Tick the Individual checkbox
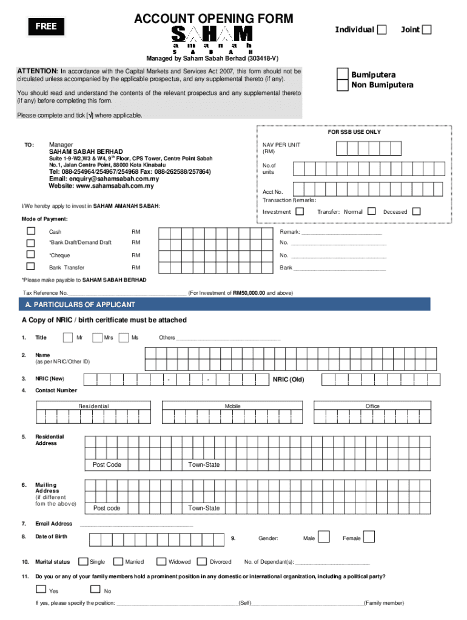coord(381,30)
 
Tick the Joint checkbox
coord(426,30)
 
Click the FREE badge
coord(50,26)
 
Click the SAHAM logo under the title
coord(212,36)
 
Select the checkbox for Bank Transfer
coord(30,266)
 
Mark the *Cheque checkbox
coord(30,255)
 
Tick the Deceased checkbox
coord(417,211)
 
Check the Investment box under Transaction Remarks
coord(300,211)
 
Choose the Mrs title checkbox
coord(97,337)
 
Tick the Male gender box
coord(324,536)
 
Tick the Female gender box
coord(369,536)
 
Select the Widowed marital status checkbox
coord(162,561)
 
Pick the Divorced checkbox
coord(203,561)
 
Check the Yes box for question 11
coord(41,589)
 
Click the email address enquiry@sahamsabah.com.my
coord(104,179)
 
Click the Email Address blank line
coord(136,524)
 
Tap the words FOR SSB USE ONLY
coord(355,132)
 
